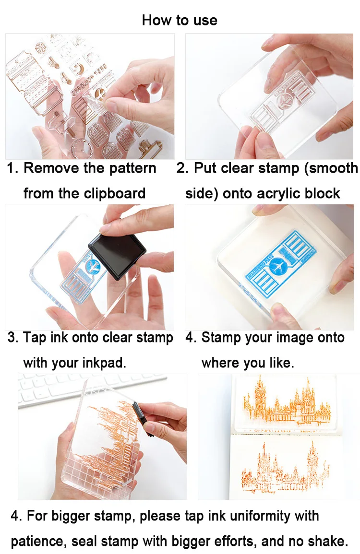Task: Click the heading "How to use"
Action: pos(180,20)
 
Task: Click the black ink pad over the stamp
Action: pos(117,256)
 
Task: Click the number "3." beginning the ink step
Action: pos(13,338)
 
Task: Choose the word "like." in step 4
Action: pos(281,363)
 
